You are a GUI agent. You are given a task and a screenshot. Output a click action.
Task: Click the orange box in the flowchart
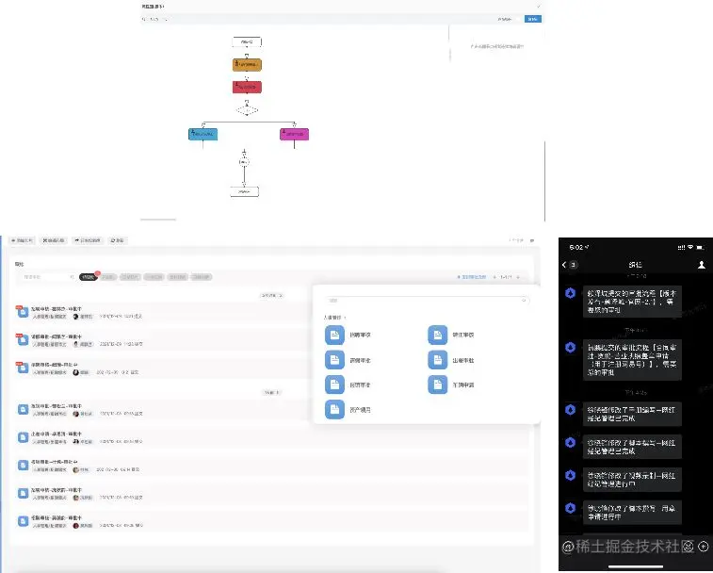[247, 65]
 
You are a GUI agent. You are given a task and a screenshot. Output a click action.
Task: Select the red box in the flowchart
[247, 87]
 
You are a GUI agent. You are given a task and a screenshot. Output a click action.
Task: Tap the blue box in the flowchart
[203, 134]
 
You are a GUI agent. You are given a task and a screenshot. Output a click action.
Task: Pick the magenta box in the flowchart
[294, 134]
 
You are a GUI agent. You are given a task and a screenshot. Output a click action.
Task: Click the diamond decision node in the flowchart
[247, 110]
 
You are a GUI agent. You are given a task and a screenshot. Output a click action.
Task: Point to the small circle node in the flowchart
[244, 162]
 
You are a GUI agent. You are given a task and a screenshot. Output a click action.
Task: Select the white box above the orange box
[247, 41]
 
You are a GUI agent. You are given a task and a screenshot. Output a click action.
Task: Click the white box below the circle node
[244, 191]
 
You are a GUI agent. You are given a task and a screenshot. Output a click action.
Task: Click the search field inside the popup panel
[427, 301]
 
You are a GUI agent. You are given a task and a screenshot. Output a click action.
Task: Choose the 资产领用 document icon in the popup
[334, 409]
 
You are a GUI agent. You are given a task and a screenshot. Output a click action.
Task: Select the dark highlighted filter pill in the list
[88, 277]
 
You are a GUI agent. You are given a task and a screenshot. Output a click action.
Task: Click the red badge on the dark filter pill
[97, 273]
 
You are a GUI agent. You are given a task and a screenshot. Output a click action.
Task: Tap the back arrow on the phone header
[571, 266]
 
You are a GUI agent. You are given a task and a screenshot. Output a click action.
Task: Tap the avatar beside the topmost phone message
[571, 294]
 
